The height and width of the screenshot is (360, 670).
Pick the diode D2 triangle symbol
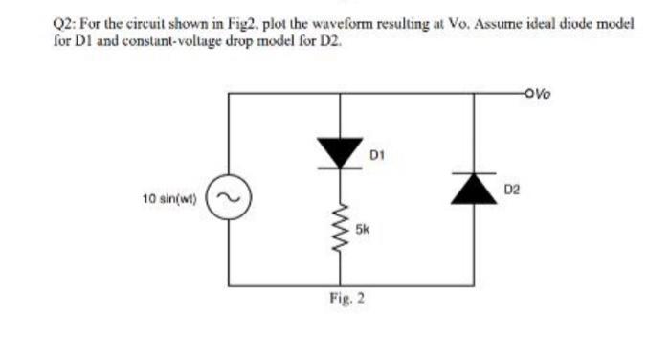[476, 188]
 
